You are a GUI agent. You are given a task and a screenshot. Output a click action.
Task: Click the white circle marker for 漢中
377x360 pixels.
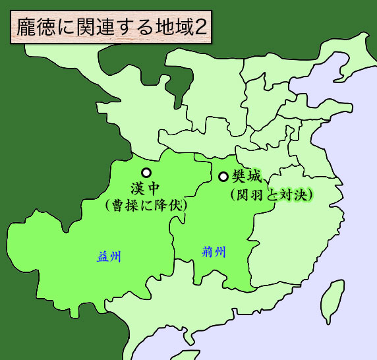pos(146,172)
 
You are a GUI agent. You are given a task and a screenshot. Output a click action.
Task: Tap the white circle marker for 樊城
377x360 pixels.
pos(223,177)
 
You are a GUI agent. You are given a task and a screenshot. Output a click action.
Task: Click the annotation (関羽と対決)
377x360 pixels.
pos(271,195)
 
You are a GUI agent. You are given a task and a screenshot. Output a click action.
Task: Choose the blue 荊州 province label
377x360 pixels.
pos(214,251)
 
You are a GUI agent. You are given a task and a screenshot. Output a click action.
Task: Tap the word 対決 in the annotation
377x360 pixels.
pos(291,195)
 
